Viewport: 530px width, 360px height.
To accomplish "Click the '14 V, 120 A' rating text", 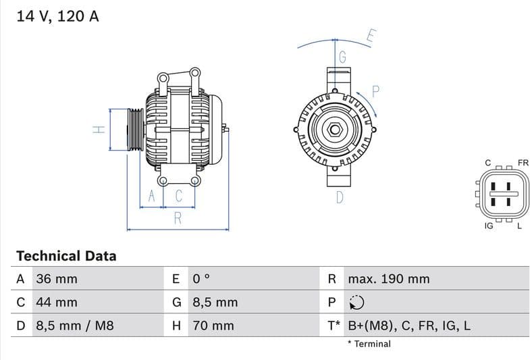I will point(57,16).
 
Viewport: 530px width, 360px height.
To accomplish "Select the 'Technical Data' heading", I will point(66,256).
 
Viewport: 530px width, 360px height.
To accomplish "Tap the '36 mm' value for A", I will point(57,279).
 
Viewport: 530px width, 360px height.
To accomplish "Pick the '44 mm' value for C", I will point(57,303).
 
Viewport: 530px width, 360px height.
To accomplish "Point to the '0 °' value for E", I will point(202,279).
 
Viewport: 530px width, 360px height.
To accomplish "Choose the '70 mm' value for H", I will point(213,326).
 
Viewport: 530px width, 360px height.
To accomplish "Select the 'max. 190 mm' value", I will point(388,279).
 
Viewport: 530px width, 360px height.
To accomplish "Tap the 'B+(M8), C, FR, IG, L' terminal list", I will point(409,326).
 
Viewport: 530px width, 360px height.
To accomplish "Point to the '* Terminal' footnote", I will point(369,344).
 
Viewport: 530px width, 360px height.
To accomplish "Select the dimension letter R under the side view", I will point(178,217).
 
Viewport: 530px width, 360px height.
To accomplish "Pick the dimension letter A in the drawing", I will point(152,196).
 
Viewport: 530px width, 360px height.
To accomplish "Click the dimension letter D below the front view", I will point(340,197).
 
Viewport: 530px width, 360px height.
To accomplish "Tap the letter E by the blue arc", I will point(371,36).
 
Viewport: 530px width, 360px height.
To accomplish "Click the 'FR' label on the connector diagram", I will point(523,163).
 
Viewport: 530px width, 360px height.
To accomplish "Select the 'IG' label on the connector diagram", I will point(489,226).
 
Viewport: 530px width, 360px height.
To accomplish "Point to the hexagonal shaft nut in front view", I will point(335,130).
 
